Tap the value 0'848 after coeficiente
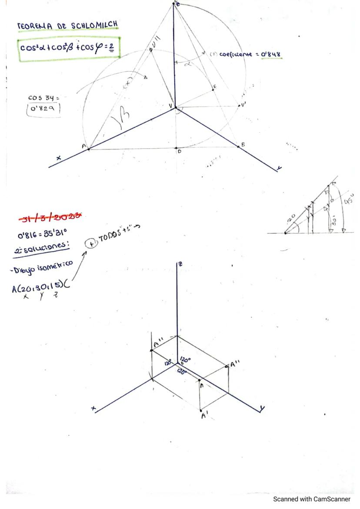pos(270,54)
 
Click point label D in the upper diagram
pos(179,151)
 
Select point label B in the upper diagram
pos(243,144)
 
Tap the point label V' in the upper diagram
pos(244,104)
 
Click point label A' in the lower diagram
pos(204,416)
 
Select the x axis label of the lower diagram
pos(93,409)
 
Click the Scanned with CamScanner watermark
pos(311,499)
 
